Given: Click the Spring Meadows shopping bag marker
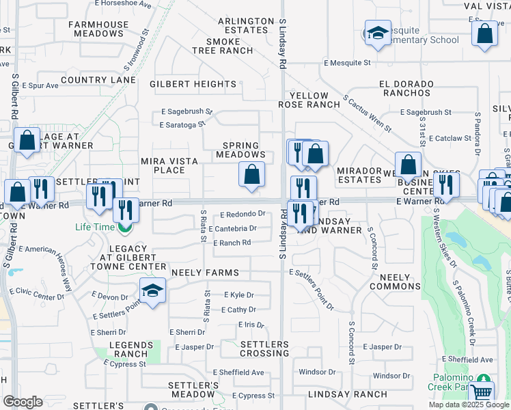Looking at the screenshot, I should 252,174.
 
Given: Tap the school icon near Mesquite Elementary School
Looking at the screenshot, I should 376,33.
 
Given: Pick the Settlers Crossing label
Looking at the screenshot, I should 264,348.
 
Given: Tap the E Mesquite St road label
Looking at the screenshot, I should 347,63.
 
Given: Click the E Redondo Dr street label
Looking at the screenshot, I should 241,214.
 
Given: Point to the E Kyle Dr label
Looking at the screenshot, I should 239,295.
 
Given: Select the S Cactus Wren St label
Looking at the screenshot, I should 368,113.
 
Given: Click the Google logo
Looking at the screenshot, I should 23,402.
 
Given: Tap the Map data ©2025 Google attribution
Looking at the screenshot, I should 468,405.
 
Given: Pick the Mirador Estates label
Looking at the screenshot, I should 359,175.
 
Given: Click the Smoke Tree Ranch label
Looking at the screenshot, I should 223,46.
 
